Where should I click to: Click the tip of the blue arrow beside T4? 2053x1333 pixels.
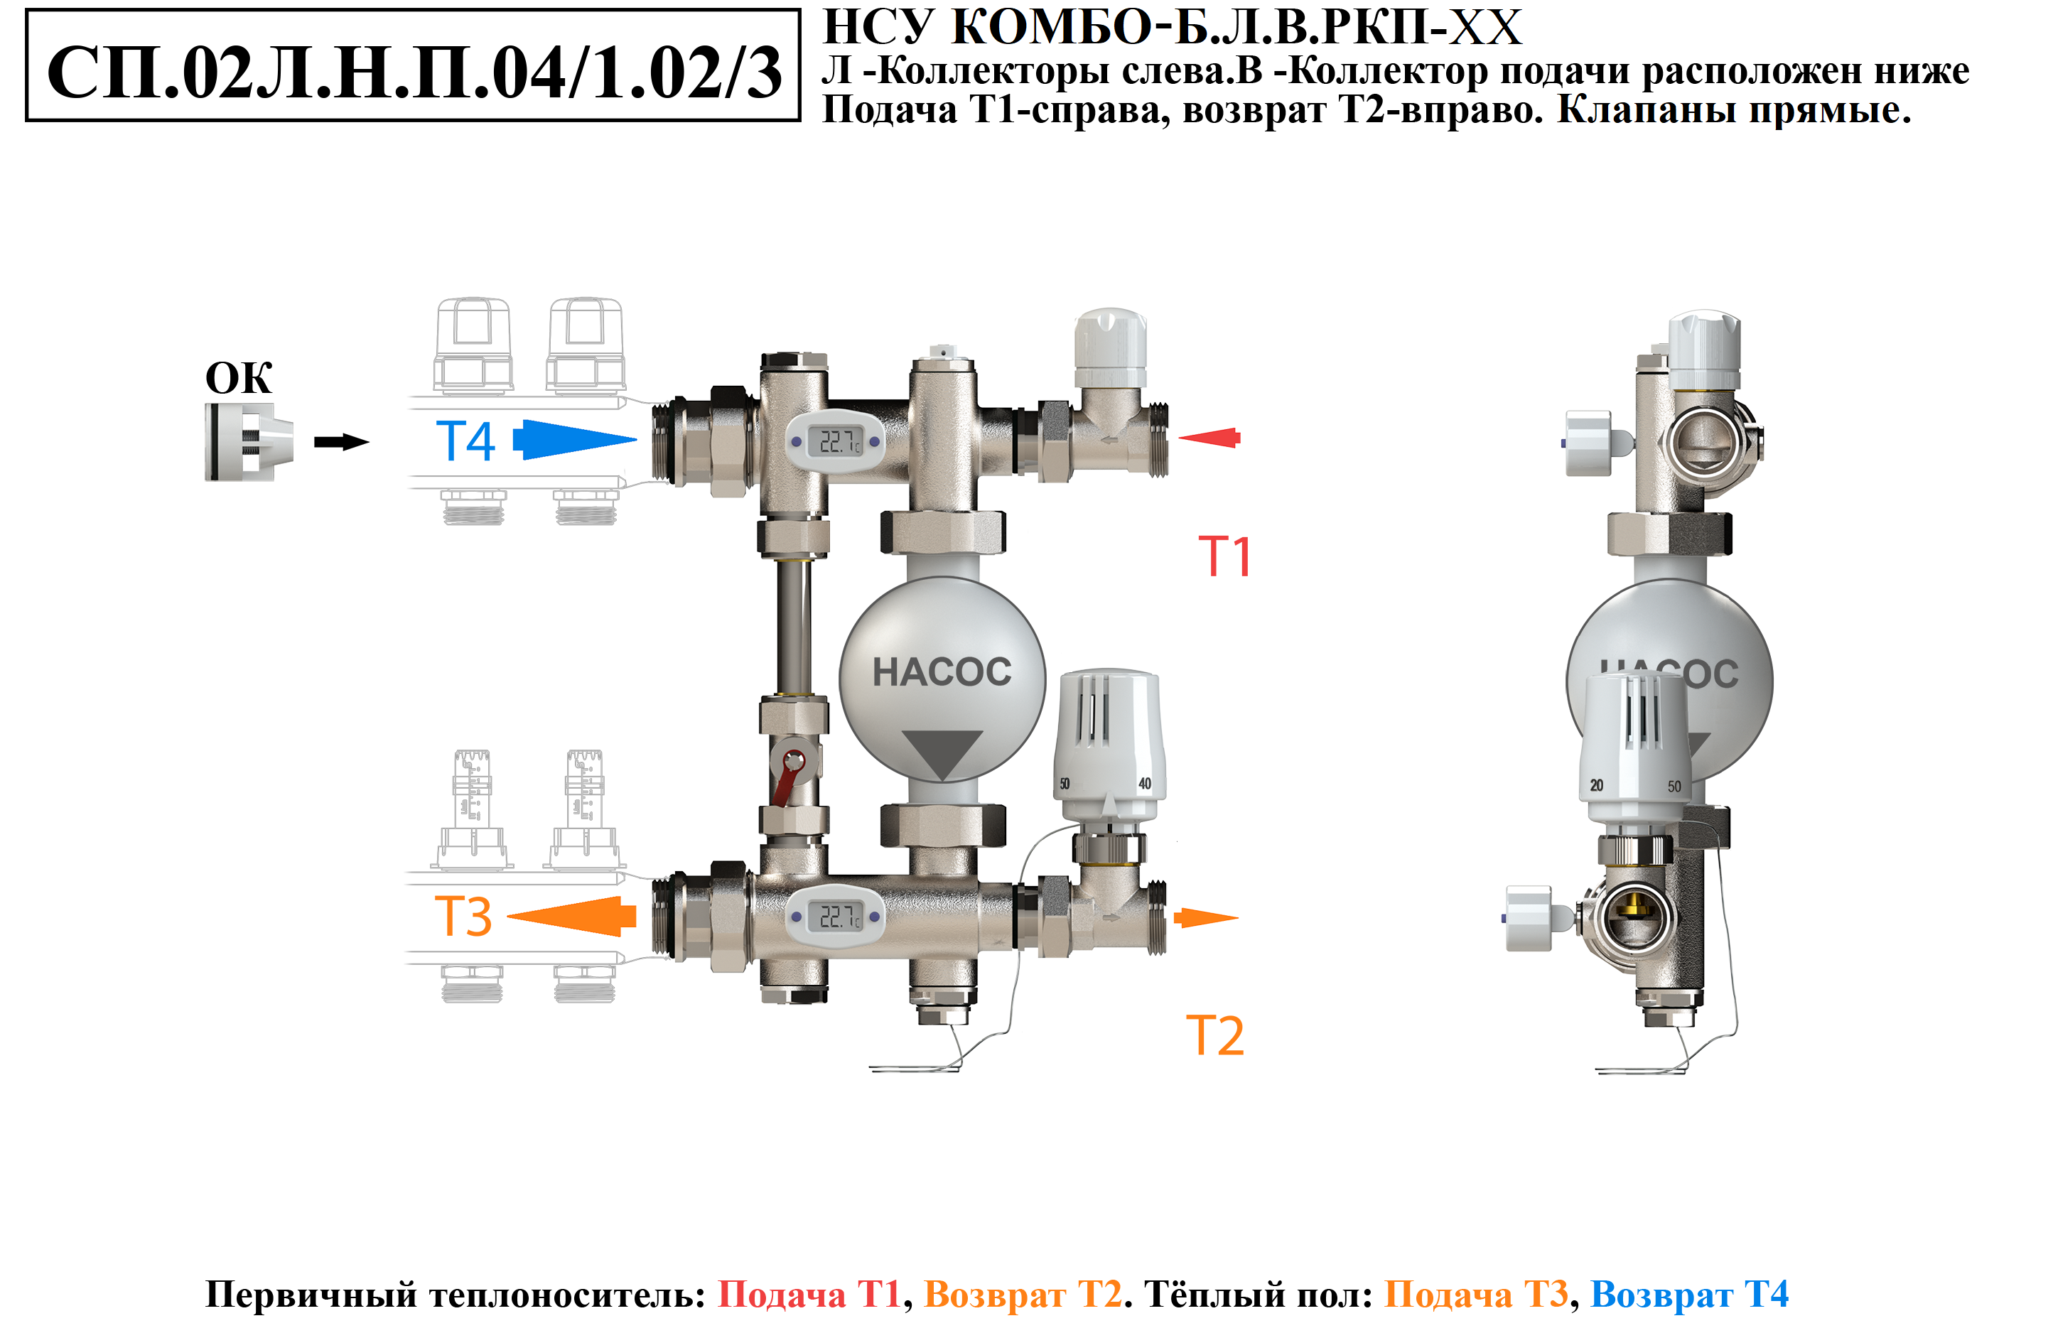coord(637,439)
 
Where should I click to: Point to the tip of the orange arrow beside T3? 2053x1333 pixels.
coord(507,917)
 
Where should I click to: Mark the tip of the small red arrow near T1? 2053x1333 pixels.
coord(1178,438)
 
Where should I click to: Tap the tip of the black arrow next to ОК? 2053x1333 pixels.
coord(370,442)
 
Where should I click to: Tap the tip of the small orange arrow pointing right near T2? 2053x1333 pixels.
coord(1239,917)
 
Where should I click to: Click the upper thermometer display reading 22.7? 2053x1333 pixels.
coord(836,442)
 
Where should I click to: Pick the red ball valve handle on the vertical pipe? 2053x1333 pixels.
coord(787,775)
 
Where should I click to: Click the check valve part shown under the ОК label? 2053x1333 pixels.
coord(249,442)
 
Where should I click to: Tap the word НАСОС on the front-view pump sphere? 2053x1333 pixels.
coord(942,672)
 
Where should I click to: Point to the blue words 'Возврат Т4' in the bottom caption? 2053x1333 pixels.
coord(1689,1294)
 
